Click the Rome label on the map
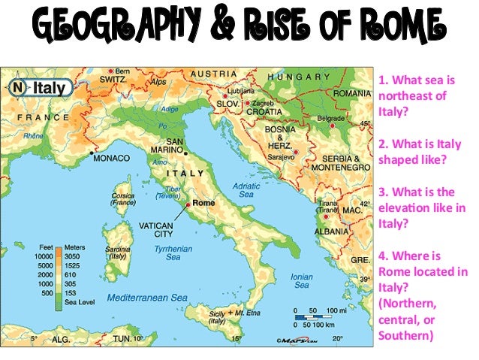coord(203,203)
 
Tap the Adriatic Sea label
coord(246,189)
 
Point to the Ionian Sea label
coord(302,281)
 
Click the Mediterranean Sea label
coord(147,298)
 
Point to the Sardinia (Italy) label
coord(117,251)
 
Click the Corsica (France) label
coord(122,198)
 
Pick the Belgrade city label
coord(330,119)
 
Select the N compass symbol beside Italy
coord(19,87)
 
